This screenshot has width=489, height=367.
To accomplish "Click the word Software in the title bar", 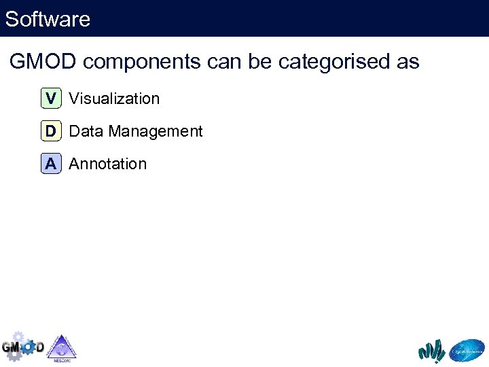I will [48, 19].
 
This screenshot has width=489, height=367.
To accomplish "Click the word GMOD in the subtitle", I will [43, 62].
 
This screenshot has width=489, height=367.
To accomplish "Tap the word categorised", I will [336, 63].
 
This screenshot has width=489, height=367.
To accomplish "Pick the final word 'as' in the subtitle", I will [407, 63].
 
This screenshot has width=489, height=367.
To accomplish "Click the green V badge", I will [51, 99].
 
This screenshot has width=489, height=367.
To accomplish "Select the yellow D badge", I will [51, 131].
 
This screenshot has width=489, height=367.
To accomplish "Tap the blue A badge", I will [51, 164].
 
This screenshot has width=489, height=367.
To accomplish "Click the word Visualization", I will [114, 99].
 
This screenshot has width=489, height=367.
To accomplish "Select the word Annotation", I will [107, 164].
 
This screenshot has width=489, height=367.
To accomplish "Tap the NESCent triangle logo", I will [61, 347].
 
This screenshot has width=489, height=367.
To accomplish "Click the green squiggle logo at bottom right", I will [431, 351].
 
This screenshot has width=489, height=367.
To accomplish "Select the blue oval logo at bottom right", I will [468, 351].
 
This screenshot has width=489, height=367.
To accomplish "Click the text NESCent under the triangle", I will [61, 360].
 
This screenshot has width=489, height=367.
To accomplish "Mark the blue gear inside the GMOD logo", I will [29, 347].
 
